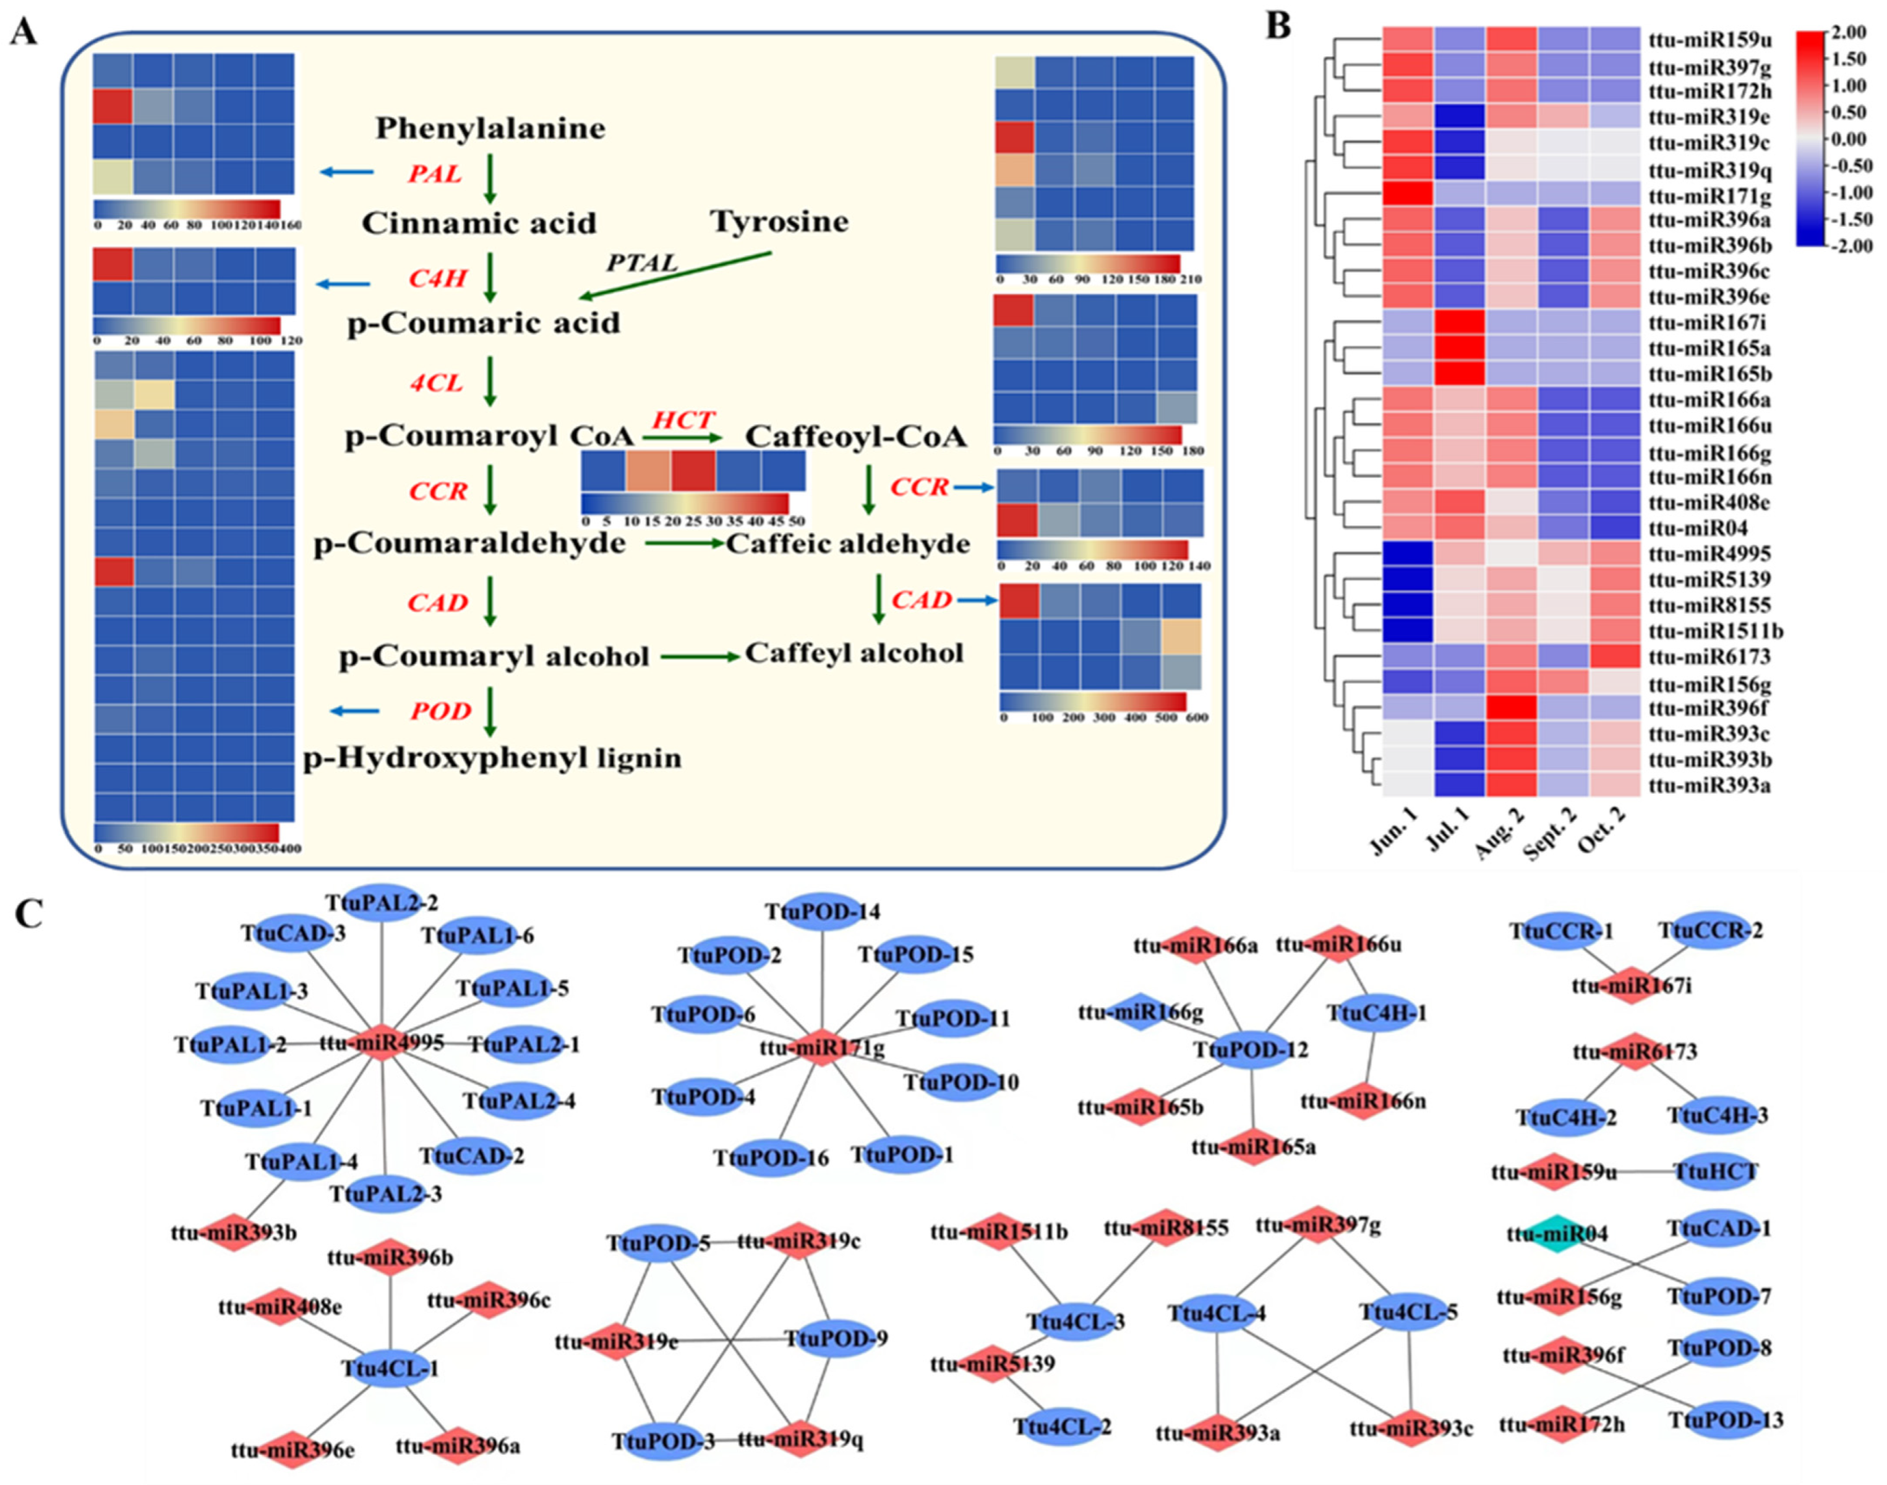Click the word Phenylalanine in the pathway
[x=490, y=129]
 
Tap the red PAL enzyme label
[x=435, y=174]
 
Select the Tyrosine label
[x=780, y=222]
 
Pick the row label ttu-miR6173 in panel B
[x=1709, y=657]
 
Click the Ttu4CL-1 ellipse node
[x=390, y=1369]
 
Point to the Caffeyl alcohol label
[x=854, y=654]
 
